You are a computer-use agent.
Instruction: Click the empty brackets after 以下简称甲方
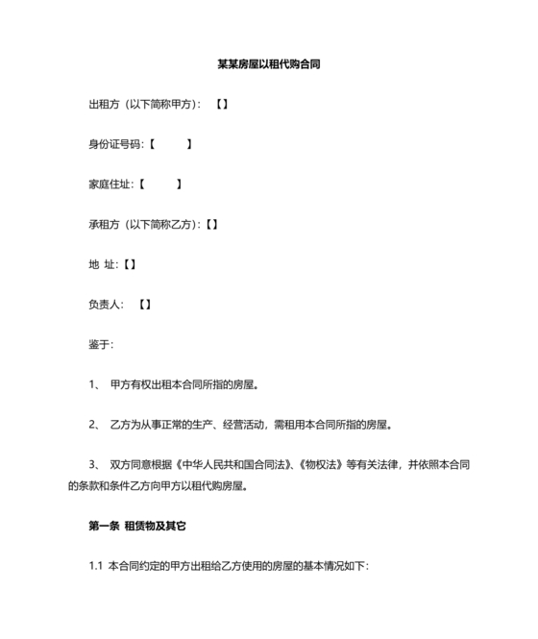(221, 104)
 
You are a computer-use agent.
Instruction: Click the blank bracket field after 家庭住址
(159, 184)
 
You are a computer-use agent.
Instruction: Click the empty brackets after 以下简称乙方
(210, 224)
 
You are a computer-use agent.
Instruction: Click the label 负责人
(104, 304)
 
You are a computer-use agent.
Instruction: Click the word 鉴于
(101, 343)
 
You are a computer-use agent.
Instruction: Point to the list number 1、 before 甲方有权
(94, 383)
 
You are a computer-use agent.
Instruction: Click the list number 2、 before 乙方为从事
(94, 423)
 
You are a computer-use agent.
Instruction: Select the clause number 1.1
(95, 566)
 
